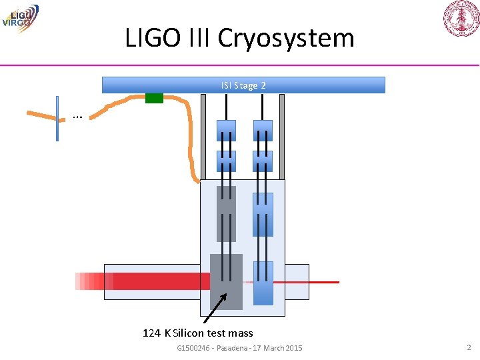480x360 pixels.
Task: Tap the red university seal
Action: point(461,18)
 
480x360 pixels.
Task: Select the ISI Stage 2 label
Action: point(243,85)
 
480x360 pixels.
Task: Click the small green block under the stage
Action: point(154,98)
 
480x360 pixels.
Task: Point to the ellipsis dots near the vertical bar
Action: point(77,117)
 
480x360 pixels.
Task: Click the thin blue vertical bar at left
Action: point(57,119)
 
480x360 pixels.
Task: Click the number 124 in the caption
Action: point(151,333)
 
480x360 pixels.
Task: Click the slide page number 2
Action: point(469,347)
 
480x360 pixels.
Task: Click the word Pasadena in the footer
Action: point(237,348)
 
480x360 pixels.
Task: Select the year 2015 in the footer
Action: point(291,348)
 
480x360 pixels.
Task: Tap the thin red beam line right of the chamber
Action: point(323,282)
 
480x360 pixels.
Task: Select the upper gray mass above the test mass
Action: point(226,213)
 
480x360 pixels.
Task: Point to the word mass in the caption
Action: point(240,333)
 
